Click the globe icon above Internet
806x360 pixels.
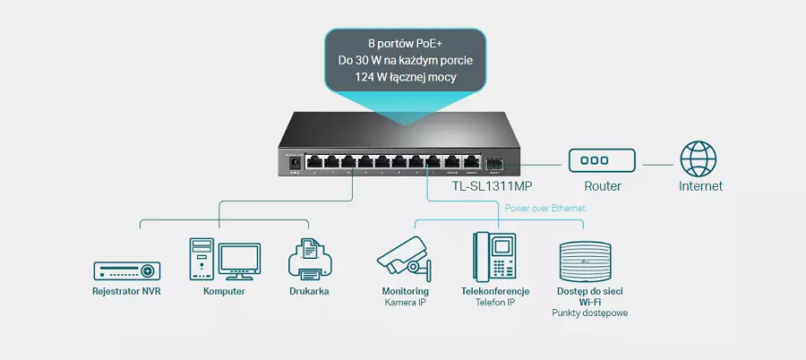click(698, 159)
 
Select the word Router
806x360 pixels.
click(602, 186)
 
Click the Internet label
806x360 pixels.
click(700, 186)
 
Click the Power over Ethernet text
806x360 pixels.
click(545, 209)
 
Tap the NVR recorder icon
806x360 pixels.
click(126, 270)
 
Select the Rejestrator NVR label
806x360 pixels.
click(126, 291)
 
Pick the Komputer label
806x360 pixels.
click(224, 291)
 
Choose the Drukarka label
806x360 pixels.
click(309, 291)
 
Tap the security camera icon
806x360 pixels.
click(405, 256)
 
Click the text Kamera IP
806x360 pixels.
click(406, 303)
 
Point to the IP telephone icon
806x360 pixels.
click(494, 256)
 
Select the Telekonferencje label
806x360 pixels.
click(495, 291)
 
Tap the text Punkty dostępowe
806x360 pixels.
click(589, 313)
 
